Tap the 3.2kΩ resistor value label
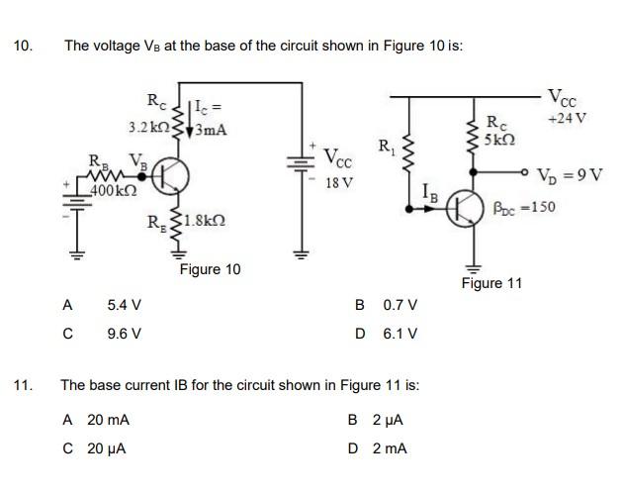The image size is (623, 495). pyautogui.click(x=148, y=128)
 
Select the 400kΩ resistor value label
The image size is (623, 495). pyautogui.click(x=111, y=189)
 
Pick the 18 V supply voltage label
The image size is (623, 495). pyautogui.click(x=339, y=184)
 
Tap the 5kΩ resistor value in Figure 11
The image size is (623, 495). pyautogui.click(x=500, y=141)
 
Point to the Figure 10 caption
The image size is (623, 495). pyautogui.click(x=210, y=269)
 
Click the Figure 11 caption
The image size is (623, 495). pyautogui.click(x=491, y=283)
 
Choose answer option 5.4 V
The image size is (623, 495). pyautogui.click(x=124, y=305)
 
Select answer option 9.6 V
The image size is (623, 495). pyautogui.click(x=124, y=334)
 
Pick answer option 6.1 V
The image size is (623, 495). pyautogui.click(x=400, y=334)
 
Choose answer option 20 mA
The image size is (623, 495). pyautogui.click(x=109, y=420)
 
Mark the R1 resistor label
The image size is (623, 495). pyautogui.click(x=387, y=148)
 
